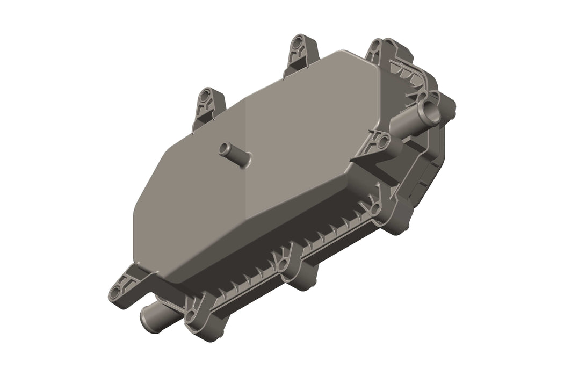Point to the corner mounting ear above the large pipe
coord(381,51)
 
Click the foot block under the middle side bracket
coord(304,279)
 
